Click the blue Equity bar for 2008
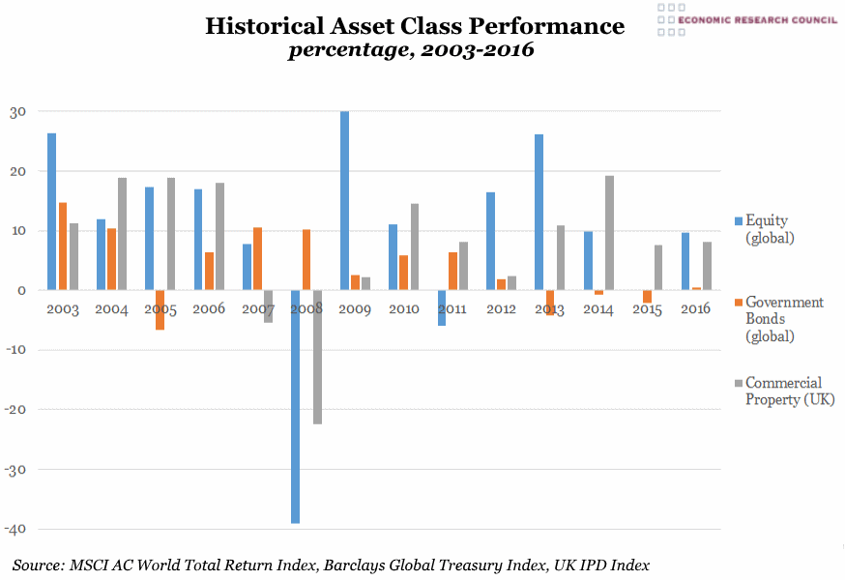pos(295,406)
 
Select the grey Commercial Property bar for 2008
pos(317,357)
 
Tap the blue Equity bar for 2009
pos(344,200)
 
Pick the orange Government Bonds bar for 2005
pos(160,309)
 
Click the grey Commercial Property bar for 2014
pos(609,232)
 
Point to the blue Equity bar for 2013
pos(539,212)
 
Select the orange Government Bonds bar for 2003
pos(63,246)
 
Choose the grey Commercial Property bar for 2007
pos(269,305)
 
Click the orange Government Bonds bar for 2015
pos(647,297)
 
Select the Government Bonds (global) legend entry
pos(783,319)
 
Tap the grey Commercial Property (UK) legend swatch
pos(737,384)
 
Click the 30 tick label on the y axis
pos(17,111)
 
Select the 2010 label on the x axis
pos(403,309)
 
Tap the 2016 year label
pos(695,309)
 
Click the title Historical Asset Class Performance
pos(415,26)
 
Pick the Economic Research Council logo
pos(745,19)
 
